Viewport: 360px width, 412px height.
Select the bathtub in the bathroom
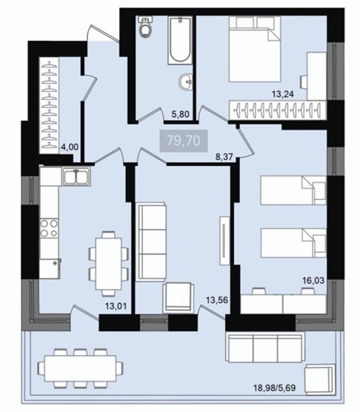pyautogui.click(x=180, y=40)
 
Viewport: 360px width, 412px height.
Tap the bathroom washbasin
pyautogui.click(x=186, y=82)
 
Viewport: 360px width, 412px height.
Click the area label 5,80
pyautogui.click(x=181, y=114)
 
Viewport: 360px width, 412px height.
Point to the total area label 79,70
pyautogui.click(x=184, y=141)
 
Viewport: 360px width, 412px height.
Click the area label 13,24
pyautogui.click(x=282, y=94)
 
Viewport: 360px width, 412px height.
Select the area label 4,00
pyautogui.click(x=70, y=147)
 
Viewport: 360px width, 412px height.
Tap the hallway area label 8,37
pyautogui.click(x=224, y=157)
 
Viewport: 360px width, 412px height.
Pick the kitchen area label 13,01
pyautogui.click(x=116, y=306)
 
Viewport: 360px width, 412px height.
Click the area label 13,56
pyautogui.click(x=217, y=300)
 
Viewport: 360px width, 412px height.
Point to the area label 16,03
pyautogui.click(x=313, y=281)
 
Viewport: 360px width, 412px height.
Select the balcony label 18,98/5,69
pyautogui.click(x=274, y=388)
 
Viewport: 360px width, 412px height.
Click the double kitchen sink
pyautogui.click(x=76, y=176)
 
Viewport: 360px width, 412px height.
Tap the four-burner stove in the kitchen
pyautogui.click(x=49, y=228)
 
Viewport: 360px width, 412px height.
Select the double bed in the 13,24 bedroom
pyautogui.click(x=255, y=49)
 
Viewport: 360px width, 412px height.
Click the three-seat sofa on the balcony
pyautogui.click(x=265, y=348)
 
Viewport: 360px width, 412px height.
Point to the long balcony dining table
pyautogui.click(x=80, y=368)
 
